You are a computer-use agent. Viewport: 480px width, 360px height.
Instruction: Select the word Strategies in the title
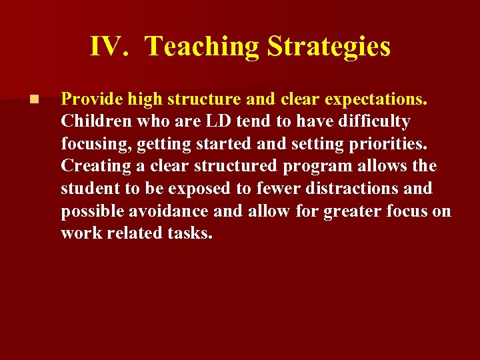pyautogui.click(x=329, y=47)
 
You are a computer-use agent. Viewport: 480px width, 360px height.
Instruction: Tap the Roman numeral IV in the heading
pyautogui.click(x=107, y=47)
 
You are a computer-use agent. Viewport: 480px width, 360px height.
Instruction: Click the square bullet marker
pyautogui.click(x=34, y=99)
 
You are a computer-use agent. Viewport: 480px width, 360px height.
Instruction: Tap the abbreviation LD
pyautogui.click(x=217, y=121)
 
